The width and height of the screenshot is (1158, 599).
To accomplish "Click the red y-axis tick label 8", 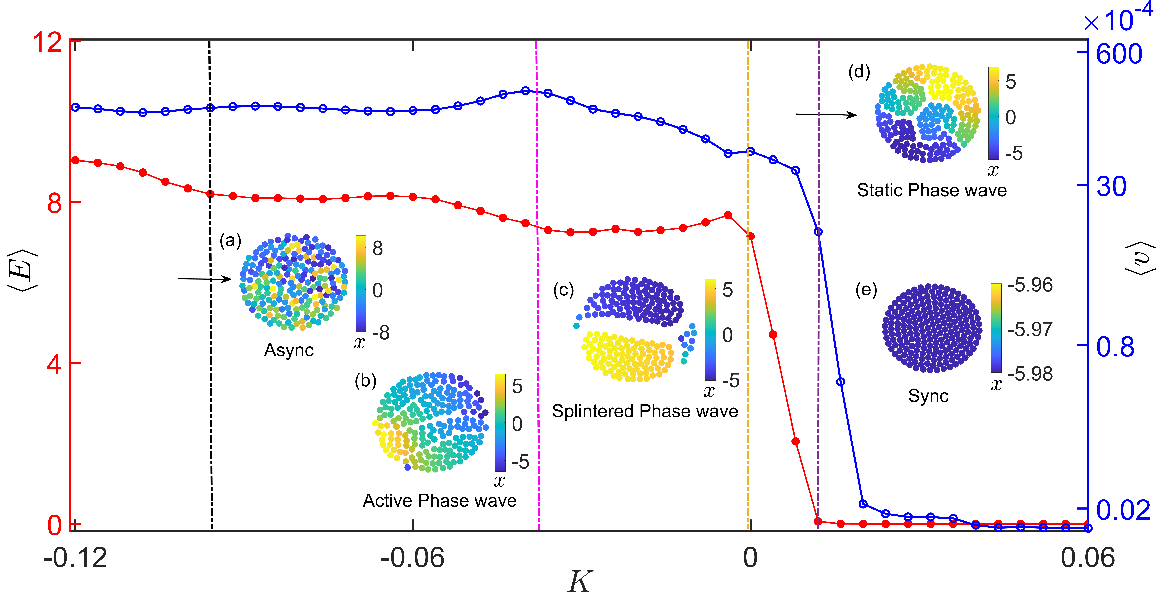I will coord(54,203).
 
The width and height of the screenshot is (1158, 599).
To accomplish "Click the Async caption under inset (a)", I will coord(289,350).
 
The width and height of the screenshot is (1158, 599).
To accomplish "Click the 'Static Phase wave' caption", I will coord(931,190).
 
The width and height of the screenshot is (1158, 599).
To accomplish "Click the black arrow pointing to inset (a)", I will coord(205,279).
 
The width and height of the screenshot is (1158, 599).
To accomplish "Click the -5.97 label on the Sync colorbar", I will coord(1030,329).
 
